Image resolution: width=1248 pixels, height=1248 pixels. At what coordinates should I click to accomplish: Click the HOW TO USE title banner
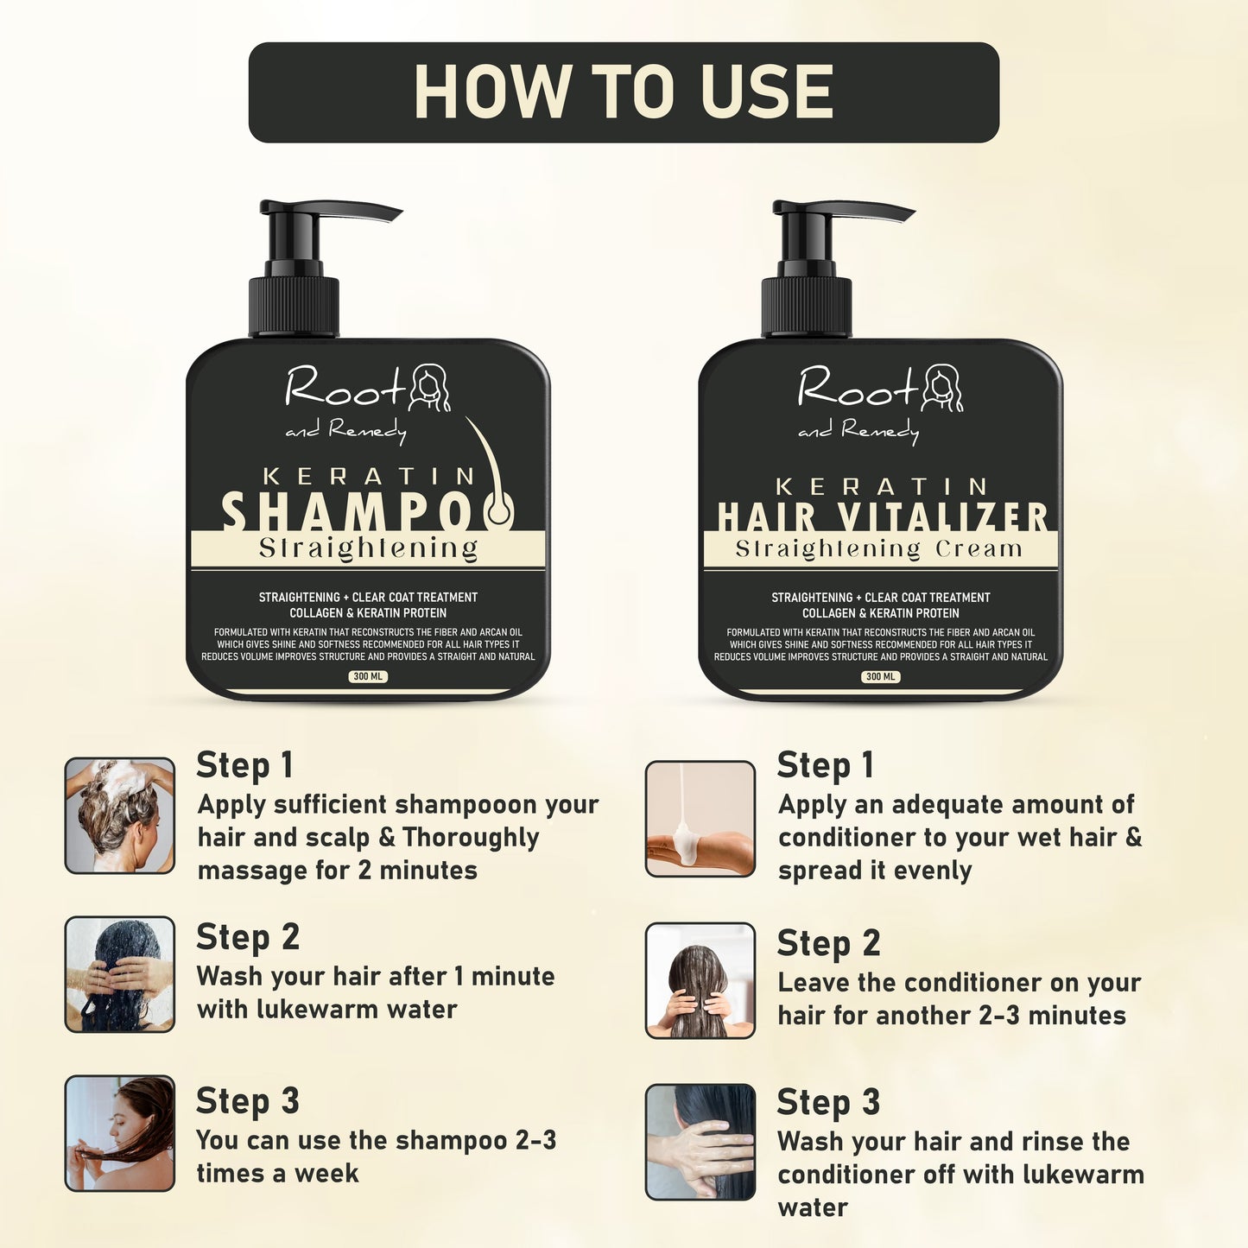[624, 92]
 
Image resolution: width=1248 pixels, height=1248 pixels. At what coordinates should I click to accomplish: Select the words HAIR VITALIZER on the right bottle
[882, 516]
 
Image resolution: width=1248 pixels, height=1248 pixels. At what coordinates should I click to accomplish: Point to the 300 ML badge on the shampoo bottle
[368, 676]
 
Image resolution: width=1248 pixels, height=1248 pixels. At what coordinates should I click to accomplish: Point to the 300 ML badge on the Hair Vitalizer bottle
[880, 676]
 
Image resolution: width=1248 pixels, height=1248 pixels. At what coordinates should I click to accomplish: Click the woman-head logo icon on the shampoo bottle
[429, 388]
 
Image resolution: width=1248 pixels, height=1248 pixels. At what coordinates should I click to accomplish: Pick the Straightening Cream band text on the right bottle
[879, 549]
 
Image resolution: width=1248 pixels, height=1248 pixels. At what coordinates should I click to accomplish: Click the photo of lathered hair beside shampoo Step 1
[120, 816]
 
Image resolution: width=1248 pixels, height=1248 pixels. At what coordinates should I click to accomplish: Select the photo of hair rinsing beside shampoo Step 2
[120, 975]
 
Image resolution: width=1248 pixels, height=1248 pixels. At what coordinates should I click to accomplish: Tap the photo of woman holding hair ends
[120, 1133]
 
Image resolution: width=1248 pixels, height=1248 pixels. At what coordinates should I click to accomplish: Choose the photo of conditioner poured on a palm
[700, 818]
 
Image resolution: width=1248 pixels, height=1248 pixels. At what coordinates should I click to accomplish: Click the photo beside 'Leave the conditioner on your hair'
[700, 980]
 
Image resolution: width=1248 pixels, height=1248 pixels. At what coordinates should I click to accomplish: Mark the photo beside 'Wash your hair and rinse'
[700, 1142]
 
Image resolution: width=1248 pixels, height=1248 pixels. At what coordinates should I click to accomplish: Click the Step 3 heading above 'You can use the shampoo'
[247, 1101]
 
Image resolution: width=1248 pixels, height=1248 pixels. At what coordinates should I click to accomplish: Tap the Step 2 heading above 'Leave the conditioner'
[828, 943]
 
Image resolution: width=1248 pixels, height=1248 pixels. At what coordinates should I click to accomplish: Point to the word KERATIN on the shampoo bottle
[369, 476]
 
